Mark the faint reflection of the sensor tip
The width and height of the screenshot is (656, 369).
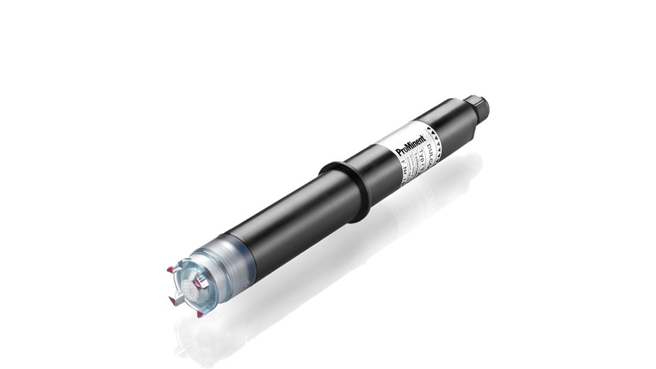point(197,340)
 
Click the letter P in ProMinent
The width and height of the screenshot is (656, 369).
point(399,153)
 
